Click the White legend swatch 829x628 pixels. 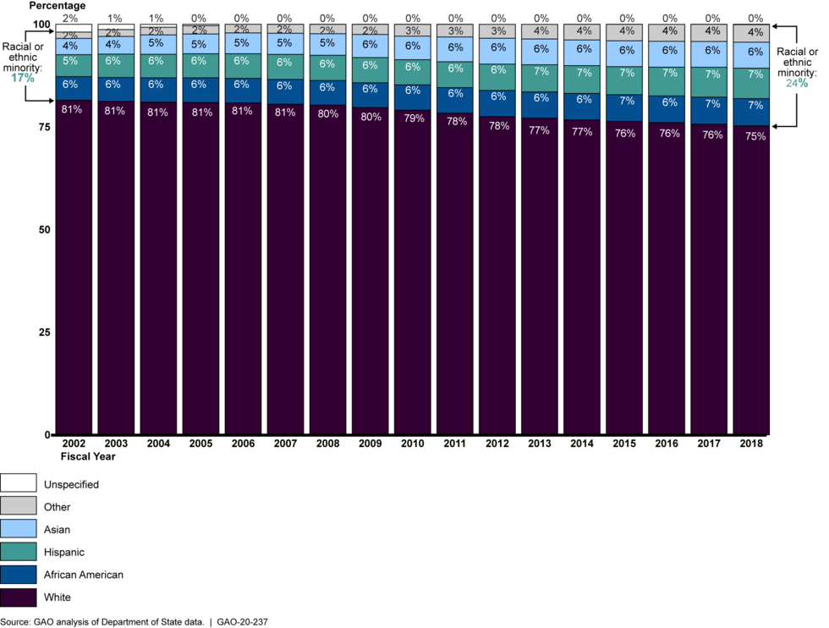[x=19, y=598]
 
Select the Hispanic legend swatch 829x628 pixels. [x=19, y=552]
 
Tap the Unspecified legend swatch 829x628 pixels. [x=19, y=484]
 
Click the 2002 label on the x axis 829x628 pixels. [x=74, y=443]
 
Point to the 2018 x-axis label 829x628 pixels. [x=750, y=443]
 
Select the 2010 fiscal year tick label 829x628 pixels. [x=412, y=443]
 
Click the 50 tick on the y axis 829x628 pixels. [x=45, y=230]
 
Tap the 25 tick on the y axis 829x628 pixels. [x=45, y=333]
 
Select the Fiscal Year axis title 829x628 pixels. [x=87, y=456]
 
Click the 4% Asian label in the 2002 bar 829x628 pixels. [x=70, y=45]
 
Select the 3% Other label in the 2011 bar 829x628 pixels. [x=456, y=31]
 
